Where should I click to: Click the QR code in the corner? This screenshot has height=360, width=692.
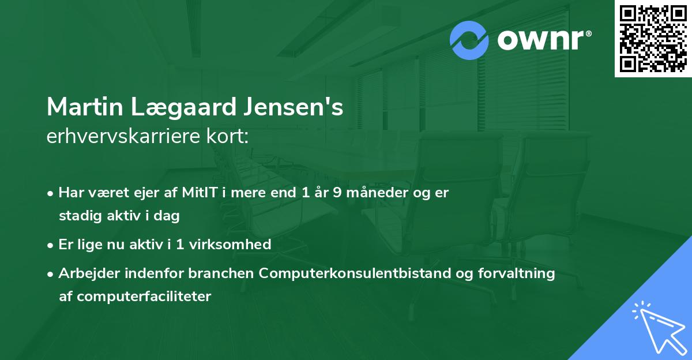[x=653, y=39]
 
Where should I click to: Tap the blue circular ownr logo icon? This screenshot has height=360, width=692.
[x=469, y=40]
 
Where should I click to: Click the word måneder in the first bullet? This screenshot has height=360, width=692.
[x=375, y=193]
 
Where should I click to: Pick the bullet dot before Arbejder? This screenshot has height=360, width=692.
[x=51, y=274]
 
